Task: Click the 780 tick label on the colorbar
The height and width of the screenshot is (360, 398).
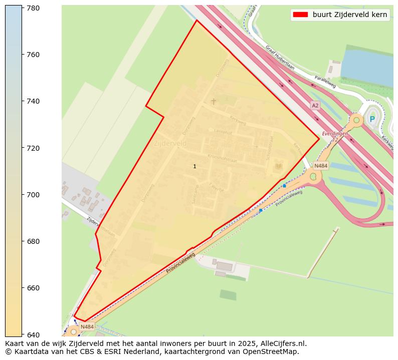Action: (x=34, y=8)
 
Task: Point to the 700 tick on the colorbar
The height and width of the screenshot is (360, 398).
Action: (x=34, y=195)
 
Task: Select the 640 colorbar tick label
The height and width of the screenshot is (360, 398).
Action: (x=34, y=334)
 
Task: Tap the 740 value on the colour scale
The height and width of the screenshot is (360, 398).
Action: (x=34, y=101)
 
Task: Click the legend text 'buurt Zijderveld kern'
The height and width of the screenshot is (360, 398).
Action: (x=350, y=15)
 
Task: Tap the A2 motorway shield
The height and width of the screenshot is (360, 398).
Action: (x=315, y=106)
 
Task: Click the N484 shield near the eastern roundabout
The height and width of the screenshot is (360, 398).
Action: (x=321, y=166)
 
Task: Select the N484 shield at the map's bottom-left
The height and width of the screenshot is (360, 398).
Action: (x=87, y=327)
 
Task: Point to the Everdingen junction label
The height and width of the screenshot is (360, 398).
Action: (x=334, y=134)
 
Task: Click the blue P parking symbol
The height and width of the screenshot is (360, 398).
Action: (x=372, y=119)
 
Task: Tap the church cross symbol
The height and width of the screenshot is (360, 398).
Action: (x=214, y=102)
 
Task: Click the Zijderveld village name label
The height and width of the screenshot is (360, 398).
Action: (x=170, y=143)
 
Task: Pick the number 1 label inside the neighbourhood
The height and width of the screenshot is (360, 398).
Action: (x=194, y=166)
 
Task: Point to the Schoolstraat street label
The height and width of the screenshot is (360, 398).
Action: (x=270, y=148)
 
